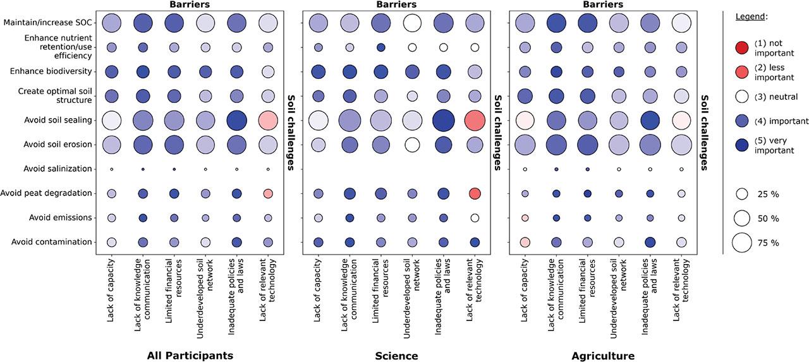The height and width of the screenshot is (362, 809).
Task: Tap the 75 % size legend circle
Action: (x=742, y=242)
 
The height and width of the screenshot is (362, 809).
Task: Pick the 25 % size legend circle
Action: (x=742, y=194)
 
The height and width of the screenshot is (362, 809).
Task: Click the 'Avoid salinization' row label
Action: (x=58, y=169)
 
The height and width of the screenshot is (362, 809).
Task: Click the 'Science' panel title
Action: (x=396, y=356)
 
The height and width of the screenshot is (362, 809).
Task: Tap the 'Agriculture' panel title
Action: (x=603, y=356)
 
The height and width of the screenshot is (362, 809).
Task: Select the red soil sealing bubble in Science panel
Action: (x=475, y=120)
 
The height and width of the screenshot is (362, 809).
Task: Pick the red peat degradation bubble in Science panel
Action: (x=475, y=193)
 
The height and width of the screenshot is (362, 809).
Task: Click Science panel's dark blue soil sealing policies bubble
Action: (x=443, y=120)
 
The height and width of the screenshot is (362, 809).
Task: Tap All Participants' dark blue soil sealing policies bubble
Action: (x=236, y=120)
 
